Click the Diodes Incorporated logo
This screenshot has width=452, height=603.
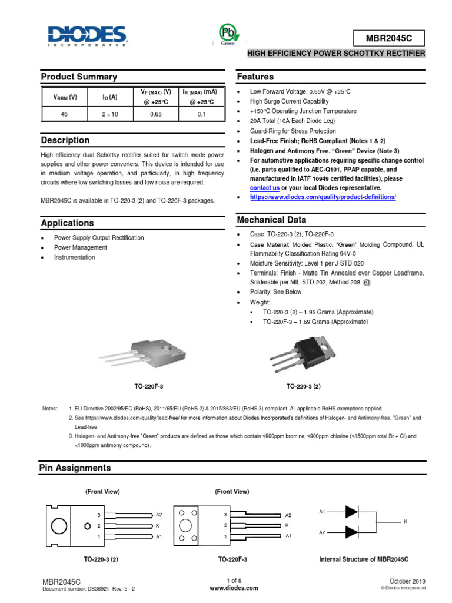click(x=87, y=35)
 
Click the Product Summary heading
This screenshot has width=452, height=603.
click(x=78, y=77)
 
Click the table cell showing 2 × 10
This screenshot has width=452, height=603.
click(x=110, y=114)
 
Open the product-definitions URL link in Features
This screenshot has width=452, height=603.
click(x=323, y=197)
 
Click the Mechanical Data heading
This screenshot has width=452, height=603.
click(x=271, y=220)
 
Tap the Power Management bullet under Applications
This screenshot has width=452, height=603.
click(x=81, y=248)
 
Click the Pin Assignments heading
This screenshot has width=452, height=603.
click(x=75, y=468)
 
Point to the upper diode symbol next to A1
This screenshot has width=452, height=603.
click(x=351, y=511)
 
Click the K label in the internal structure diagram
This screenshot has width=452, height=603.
click(x=405, y=522)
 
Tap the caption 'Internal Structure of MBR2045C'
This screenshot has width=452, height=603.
click(x=363, y=559)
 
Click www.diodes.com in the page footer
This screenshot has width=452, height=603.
click(x=234, y=588)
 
